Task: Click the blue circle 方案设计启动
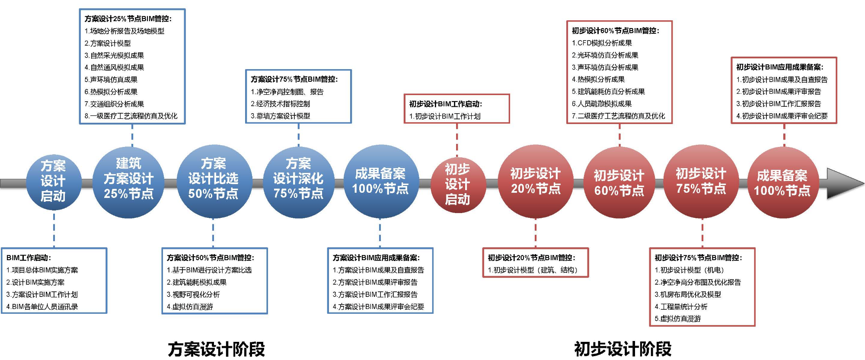(x=54, y=182)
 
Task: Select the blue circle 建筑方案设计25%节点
(x=128, y=182)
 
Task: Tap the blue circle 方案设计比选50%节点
(x=214, y=182)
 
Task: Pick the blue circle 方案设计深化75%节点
(x=299, y=182)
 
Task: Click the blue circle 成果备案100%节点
(x=381, y=182)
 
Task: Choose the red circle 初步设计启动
(x=458, y=185)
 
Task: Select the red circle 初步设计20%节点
(x=536, y=182)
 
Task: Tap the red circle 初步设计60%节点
(x=619, y=183)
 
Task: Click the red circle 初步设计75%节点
(x=701, y=182)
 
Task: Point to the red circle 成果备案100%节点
(x=783, y=183)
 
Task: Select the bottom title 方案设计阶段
(x=217, y=349)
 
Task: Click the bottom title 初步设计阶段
(x=623, y=349)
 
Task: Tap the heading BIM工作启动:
(x=29, y=258)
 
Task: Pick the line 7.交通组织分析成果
(x=114, y=104)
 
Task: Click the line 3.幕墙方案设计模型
(x=281, y=116)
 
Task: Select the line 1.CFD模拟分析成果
(x=602, y=43)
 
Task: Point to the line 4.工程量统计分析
(x=681, y=307)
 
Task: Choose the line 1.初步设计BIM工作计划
(x=445, y=116)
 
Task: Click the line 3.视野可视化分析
(x=193, y=295)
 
